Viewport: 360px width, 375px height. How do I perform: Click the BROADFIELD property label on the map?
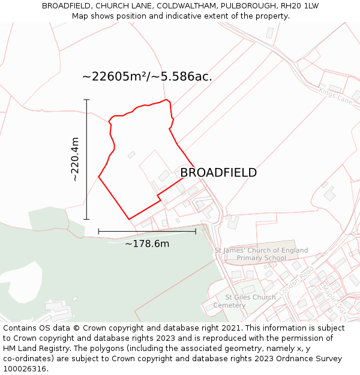click(x=218, y=173)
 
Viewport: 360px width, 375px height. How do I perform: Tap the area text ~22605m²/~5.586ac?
click(x=147, y=77)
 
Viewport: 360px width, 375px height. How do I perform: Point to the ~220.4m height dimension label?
click(x=75, y=159)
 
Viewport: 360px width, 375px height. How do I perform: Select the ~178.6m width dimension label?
click(x=147, y=244)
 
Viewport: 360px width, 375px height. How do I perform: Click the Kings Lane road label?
click(x=336, y=96)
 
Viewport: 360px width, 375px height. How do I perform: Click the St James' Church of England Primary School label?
click(x=262, y=254)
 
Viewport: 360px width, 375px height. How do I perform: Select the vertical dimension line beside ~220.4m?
click(x=86, y=159)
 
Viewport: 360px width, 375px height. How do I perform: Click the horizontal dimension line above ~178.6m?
click(x=147, y=231)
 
